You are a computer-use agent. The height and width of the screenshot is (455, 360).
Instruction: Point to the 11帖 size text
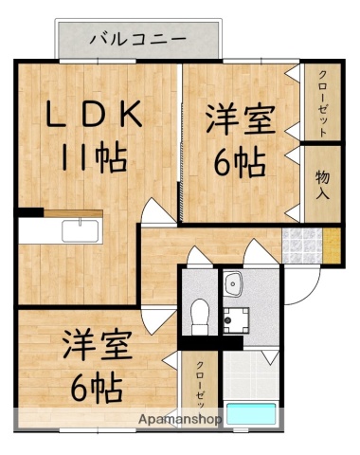pyautogui.click(x=95, y=157)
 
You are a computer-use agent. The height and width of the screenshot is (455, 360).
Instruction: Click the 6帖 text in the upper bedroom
pyautogui.click(x=239, y=165)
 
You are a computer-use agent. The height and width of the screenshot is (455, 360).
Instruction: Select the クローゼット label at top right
pyautogui.click(x=321, y=104)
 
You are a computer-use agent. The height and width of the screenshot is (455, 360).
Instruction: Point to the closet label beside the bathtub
pyautogui.click(x=202, y=384)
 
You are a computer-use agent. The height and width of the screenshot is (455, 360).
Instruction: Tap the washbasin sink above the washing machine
pyautogui.click(x=234, y=282)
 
